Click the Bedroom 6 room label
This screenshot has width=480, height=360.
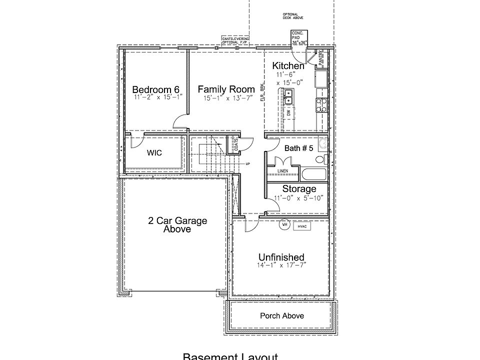point(155,89)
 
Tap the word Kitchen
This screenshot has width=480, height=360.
point(288,66)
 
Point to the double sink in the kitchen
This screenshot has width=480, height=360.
point(288,96)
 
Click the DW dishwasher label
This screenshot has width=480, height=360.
point(289,113)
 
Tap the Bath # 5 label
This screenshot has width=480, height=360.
point(298,148)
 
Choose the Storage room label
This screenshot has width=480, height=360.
point(299,189)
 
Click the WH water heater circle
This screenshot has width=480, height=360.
point(284,225)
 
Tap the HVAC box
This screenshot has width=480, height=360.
point(301,226)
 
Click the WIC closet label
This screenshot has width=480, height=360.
point(154,152)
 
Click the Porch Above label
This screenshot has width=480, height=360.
point(281,315)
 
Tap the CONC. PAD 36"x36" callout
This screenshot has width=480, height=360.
point(299,37)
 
